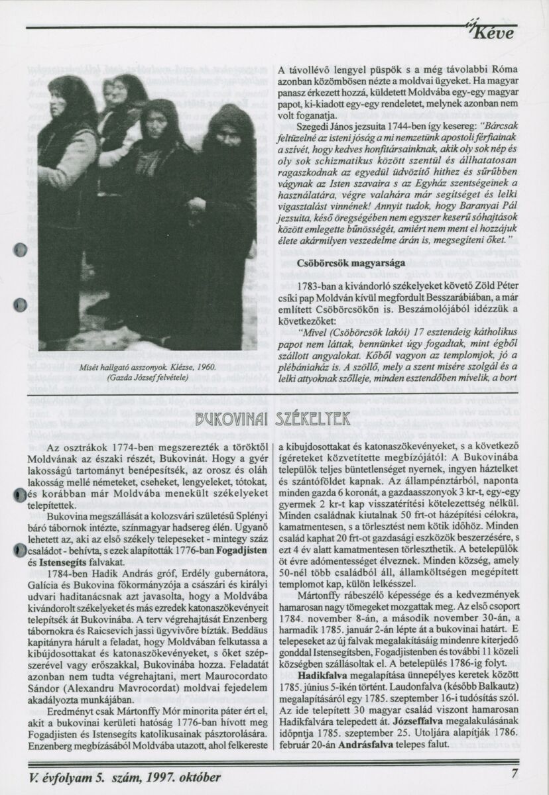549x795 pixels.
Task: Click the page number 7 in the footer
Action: click(x=515, y=774)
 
